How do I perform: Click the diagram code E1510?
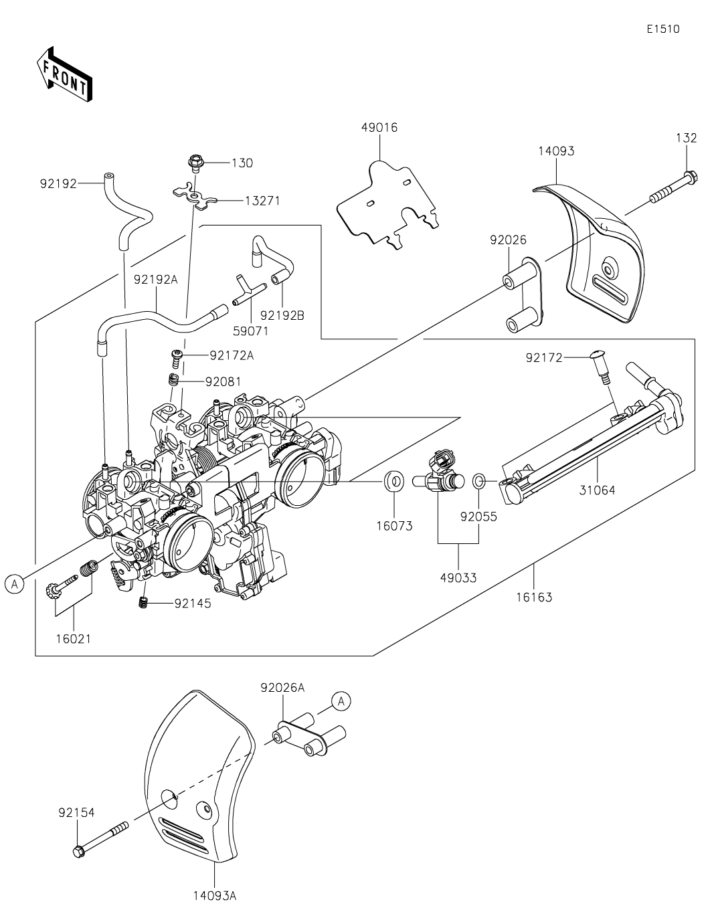pyautogui.click(x=663, y=29)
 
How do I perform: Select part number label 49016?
pyautogui.click(x=379, y=128)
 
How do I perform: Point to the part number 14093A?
pyautogui.click(x=215, y=896)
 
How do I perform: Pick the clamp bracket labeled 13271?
pyautogui.click(x=195, y=196)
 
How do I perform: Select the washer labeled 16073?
pyautogui.click(x=394, y=481)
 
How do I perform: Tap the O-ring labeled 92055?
pyautogui.click(x=479, y=481)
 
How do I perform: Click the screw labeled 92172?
pyautogui.click(x=599, y=367)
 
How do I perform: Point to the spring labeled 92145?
pyautogui.click(x=145, y=602)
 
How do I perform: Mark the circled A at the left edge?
pyautogui.click(x=15, y=584)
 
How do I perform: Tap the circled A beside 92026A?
pyautogui.click(x=341, y=701)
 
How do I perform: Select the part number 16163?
pyautogui.click(x=534, y=597)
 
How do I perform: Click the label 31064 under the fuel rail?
pyautogui.click(x=596, y=490)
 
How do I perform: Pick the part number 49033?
pyautogui.click(x=458, y=578)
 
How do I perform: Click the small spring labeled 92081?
pyautogui.click(x=173, y=379)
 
